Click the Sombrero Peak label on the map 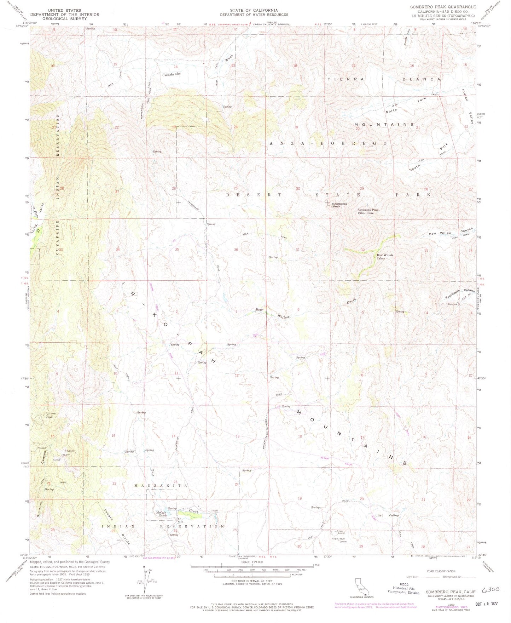339,205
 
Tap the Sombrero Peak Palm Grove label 367,211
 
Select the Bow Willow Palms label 384,257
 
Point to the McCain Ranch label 161,514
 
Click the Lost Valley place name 387,515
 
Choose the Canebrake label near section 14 172,74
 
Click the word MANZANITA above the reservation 161,486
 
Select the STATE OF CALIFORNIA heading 254,10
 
